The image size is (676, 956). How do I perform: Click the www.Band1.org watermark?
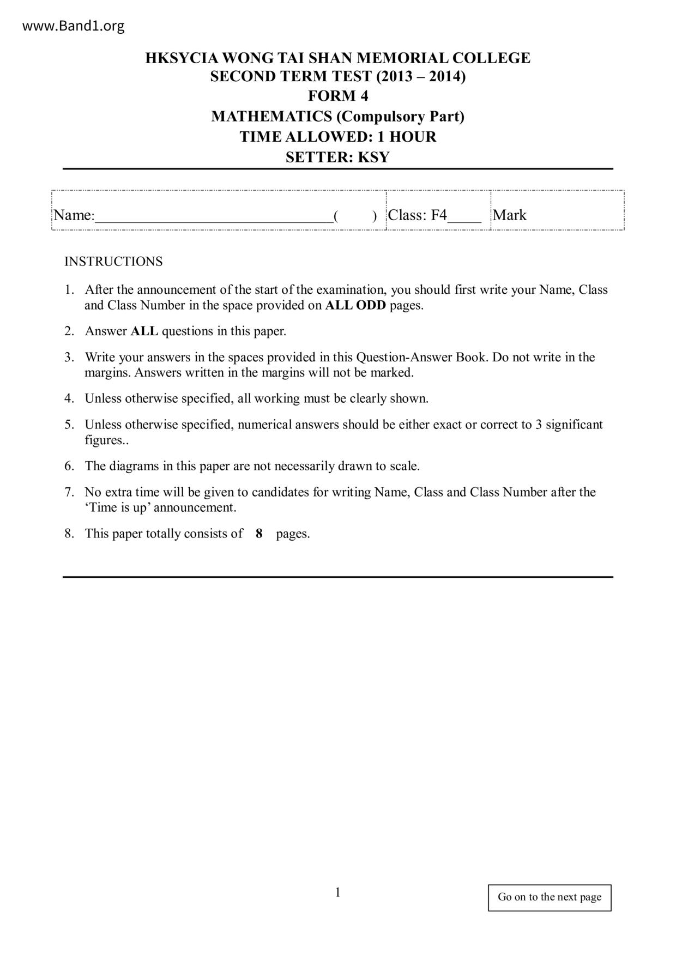pos(74,26)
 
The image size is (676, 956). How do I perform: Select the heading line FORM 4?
pos(338,96)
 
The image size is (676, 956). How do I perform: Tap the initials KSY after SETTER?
pos(373,158)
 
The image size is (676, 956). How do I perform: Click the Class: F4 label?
pos(417,215)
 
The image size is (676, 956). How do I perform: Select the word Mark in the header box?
pos(510,215)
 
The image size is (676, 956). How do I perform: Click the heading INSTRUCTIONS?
pos(113,262)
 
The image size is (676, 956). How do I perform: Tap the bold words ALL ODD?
pos(355,305)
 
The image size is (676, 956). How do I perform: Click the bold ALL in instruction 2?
pos(144,331)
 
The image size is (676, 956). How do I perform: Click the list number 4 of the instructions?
pos(69,398)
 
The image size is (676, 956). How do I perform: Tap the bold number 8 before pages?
pos(259,534)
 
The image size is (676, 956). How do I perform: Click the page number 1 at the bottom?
pos(338,892)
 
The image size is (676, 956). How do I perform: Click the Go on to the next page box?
pos(550,897)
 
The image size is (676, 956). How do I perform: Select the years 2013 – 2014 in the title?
pos(420,77)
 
